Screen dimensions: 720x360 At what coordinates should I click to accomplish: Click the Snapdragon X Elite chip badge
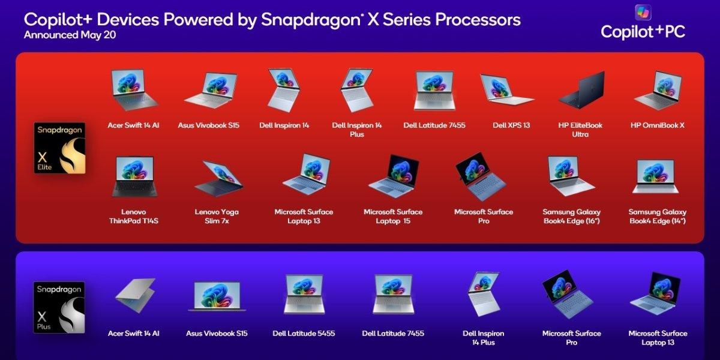[60, 148]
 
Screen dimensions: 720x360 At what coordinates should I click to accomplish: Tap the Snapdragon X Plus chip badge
[59, 307]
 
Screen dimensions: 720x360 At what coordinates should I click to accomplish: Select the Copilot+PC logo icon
[643, 13]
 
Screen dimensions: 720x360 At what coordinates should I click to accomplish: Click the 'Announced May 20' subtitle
[70, 35]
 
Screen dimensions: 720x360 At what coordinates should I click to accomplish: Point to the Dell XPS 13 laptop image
[507, 89]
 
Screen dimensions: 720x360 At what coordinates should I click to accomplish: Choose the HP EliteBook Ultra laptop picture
[582, 89]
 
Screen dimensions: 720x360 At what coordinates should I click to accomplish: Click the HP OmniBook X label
[658, 125]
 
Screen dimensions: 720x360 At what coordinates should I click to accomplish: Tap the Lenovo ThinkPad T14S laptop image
[134, 176]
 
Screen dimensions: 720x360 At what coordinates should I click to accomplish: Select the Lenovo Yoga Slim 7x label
[217, 217]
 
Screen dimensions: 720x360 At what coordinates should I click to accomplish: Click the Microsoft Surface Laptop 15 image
[394, 176]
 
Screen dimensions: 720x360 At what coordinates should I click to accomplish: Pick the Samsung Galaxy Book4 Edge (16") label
[571, 217]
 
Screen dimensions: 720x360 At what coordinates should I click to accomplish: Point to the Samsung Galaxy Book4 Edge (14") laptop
[655, 177]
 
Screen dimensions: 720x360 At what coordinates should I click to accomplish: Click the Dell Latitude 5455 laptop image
[304, 294]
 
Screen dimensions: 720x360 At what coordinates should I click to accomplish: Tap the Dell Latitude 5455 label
[304, 334]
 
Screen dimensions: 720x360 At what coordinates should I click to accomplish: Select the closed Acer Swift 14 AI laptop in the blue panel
[136, 295]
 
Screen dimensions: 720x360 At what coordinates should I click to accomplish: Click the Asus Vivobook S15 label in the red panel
[209, 125]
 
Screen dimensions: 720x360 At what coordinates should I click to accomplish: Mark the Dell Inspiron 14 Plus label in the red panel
[357, 130]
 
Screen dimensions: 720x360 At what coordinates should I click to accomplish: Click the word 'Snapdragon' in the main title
[311, 20]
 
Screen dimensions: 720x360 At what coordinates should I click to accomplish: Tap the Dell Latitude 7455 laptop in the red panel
[434, 91]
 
